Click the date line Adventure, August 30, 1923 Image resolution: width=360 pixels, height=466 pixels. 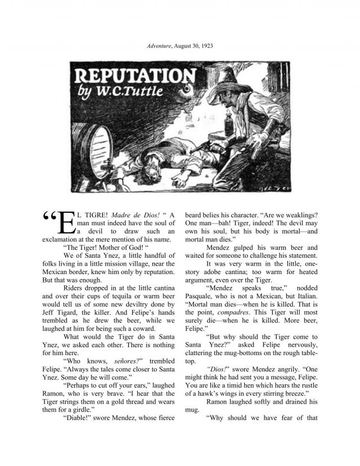[x=180, y=44]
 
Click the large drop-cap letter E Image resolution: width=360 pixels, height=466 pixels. [x=66, y=224]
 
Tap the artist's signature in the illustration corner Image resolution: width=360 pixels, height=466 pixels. [x=281, y=185]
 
